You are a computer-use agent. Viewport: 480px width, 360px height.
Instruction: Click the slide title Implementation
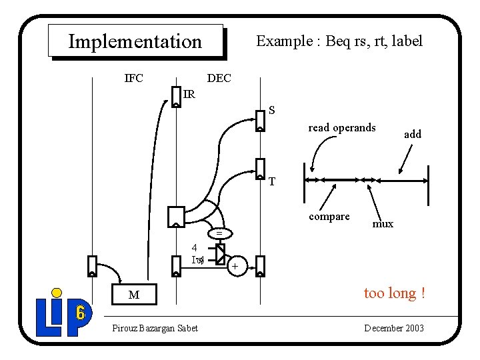(x=135, y=41)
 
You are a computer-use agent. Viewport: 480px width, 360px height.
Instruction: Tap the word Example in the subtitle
(x=284, y=41)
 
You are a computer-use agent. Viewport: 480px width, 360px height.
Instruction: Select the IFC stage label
(x=134, y=79)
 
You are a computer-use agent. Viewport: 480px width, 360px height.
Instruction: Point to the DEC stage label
(x=219, y=79)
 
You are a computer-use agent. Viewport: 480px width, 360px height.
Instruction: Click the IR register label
(x=189, y=95)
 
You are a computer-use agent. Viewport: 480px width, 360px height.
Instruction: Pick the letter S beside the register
(x=272, y=110)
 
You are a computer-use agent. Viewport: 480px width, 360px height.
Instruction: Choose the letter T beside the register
(x=272, y=181)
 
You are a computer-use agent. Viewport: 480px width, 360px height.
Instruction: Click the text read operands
(x=342, y=128)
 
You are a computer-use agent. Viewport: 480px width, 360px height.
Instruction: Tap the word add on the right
(x=413, y=134)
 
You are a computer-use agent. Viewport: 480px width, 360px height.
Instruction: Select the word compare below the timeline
(x=329, y=217)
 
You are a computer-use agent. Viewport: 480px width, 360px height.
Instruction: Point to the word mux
(x=383, y=224)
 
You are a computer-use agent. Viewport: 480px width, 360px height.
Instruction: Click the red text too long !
(x=394, y=293)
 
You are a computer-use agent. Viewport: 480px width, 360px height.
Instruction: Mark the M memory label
(x=134, y=295)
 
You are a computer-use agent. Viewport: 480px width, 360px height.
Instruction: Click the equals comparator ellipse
(x=218, y=234)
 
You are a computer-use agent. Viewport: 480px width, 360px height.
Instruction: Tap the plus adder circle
(x=234, y=267)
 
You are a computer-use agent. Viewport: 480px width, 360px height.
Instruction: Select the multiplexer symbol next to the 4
(x=221, y=253)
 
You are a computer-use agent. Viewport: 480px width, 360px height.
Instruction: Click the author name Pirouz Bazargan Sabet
(x=155, y=328)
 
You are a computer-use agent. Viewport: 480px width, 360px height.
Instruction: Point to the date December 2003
(x=393, y=328)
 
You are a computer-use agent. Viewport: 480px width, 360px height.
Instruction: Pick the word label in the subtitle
(x=405, y=41)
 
